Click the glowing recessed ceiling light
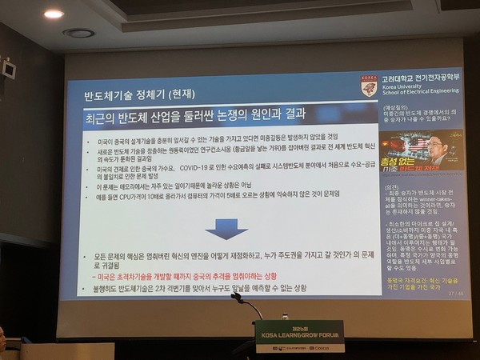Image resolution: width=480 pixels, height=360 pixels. [x=54, y=14]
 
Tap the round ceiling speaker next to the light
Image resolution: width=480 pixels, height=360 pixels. [x=78, y=33]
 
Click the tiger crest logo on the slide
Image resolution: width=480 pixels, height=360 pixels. [x=369, y=86]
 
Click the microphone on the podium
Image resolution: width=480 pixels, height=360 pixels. [x=237, y=298]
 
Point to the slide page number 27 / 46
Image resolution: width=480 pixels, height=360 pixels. [x=454, y=293]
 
